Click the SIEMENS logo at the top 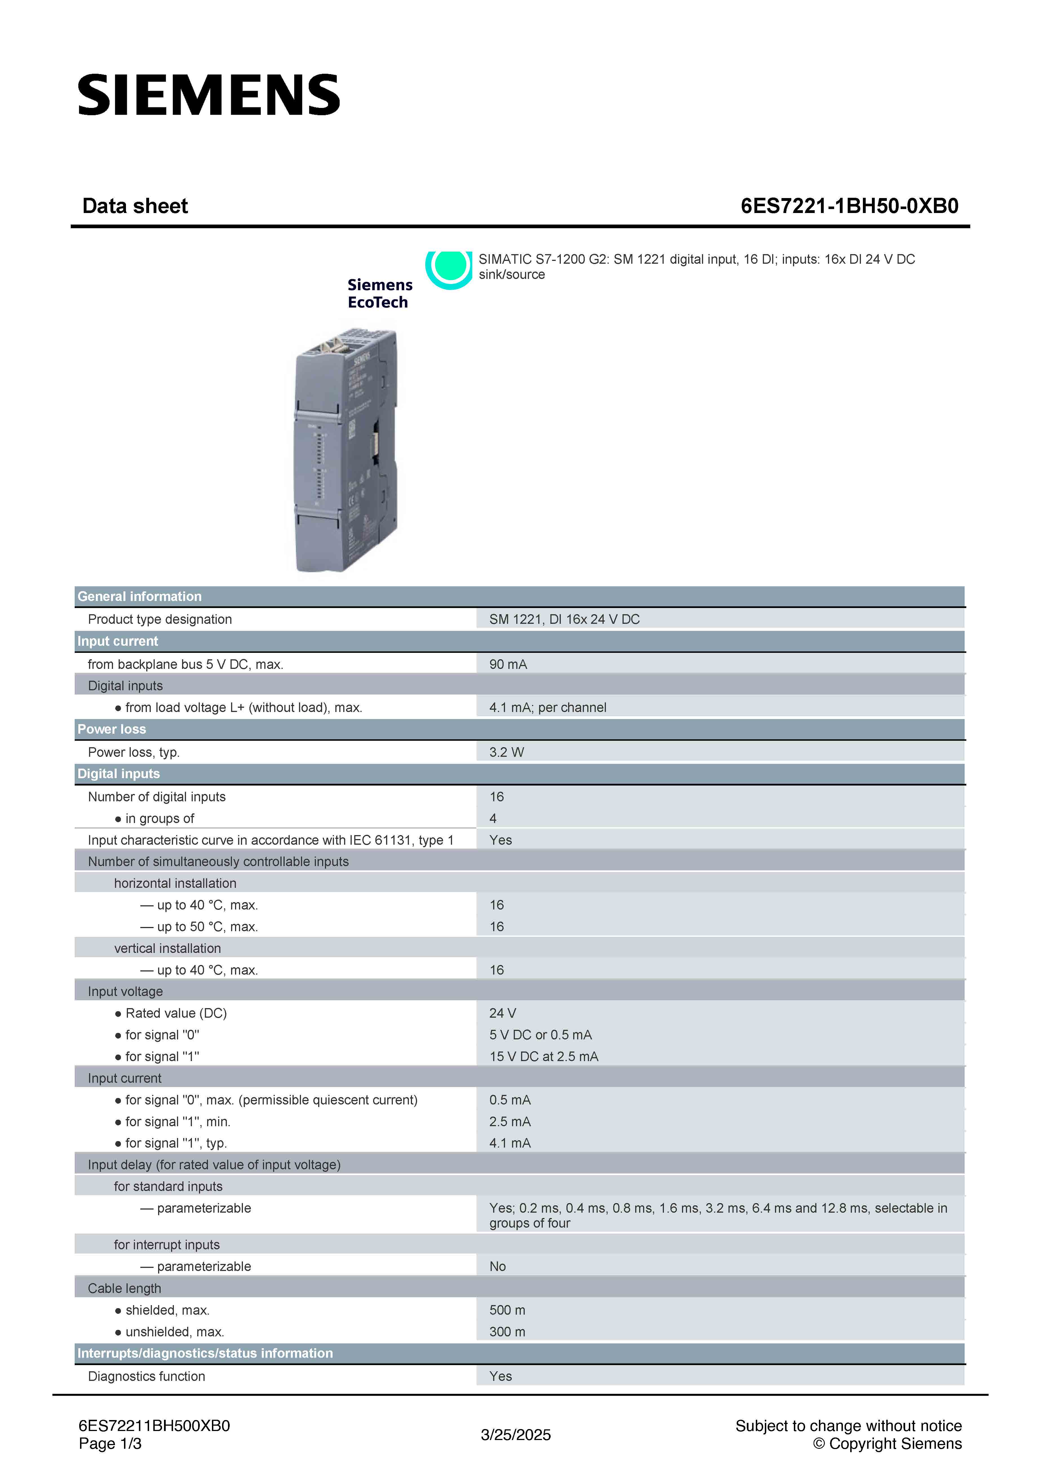pyautogui.click(x=209, y=95)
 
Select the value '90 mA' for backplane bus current pyautogui.click(x=508, y=664)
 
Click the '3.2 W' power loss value pyautogui.click(x=506, y=752)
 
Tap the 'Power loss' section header pyautogui.click(x=112, y=729)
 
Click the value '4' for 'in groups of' pyautogui.click(x=493, y=818)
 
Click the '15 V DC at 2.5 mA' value pyautogui.click(x=544, y=1056)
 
